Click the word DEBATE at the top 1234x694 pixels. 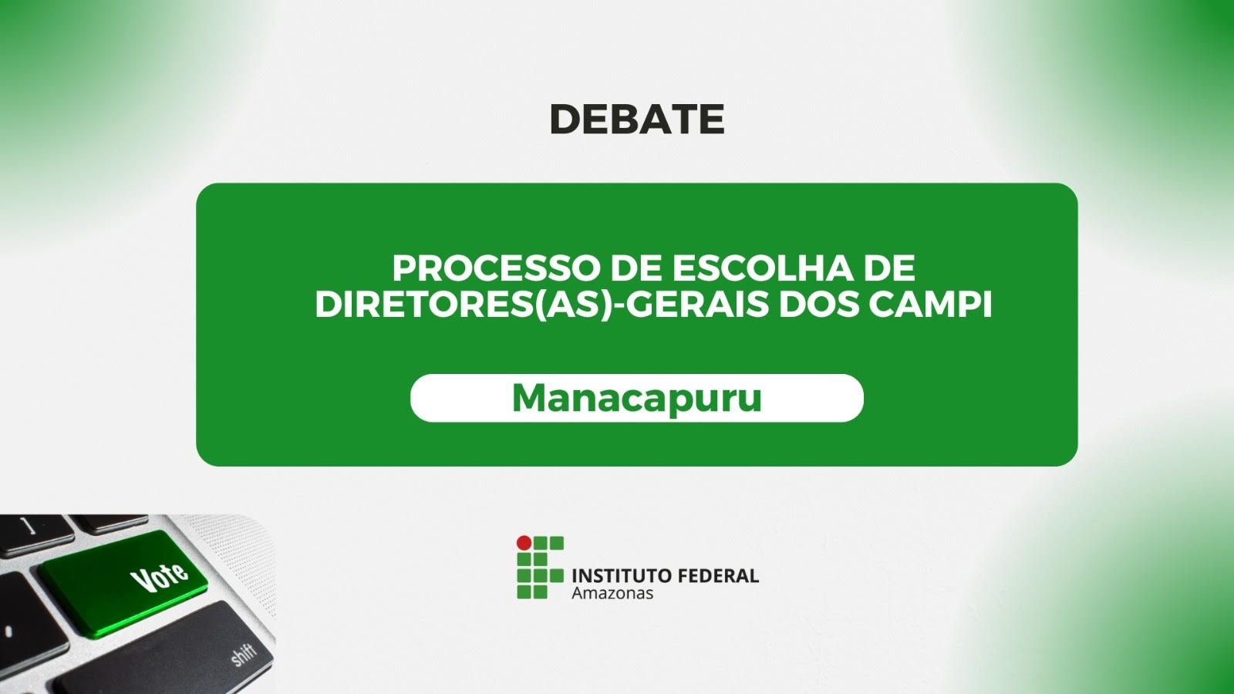click(636, 120)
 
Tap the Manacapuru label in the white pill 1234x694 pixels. click(636, 398)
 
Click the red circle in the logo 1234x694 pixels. click(524, 543)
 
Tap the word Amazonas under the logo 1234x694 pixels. click(612, 593)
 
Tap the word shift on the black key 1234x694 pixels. click(244, 655)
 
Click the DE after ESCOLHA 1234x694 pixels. click(889, 269)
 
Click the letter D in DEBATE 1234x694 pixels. click(565, 120)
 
